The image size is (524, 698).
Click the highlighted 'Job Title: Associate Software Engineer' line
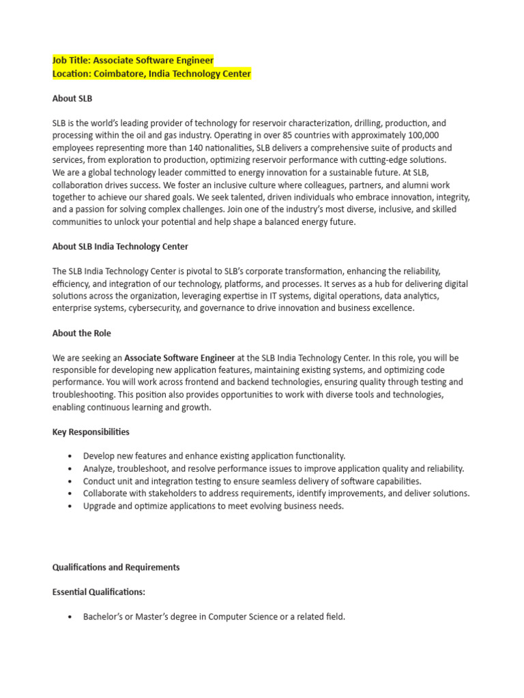[133, 61]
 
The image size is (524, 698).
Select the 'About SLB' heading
[72, 98]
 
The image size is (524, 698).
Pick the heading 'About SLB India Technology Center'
[120, 246]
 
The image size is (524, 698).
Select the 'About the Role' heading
[81, 333]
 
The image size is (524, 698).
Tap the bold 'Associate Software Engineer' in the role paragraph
[179, 358]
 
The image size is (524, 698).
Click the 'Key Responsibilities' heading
[91, 431]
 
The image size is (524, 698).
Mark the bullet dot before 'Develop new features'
[70, 456]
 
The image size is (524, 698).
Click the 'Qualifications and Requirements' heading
[116, 567]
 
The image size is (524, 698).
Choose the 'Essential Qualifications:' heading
[99, 592]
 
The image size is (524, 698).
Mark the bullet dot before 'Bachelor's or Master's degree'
[70, 618]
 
